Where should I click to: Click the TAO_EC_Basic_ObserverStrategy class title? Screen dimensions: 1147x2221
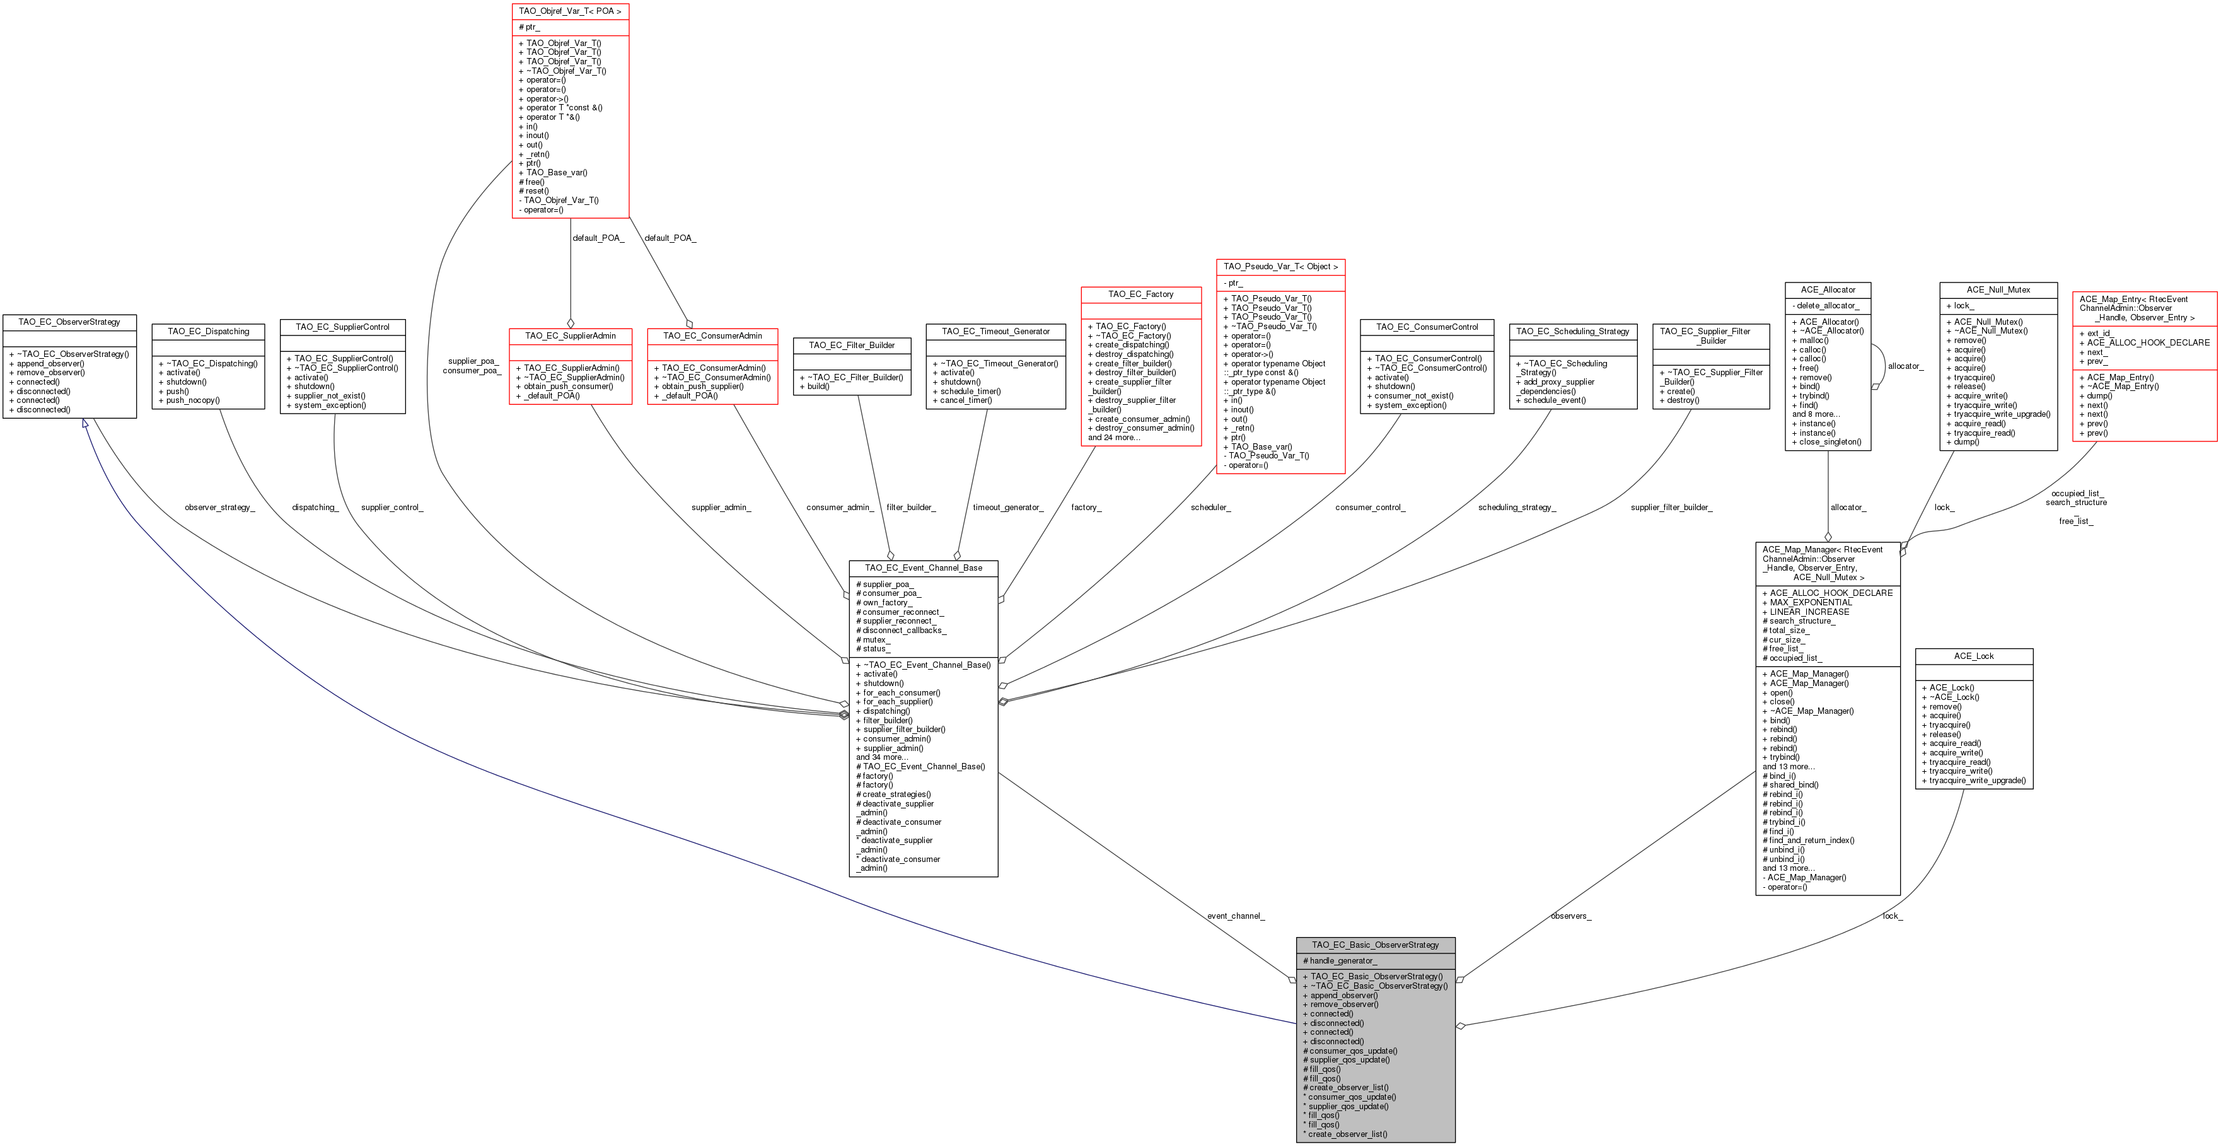coord(1375,945)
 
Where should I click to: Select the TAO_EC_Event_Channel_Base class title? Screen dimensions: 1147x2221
coord(924,568)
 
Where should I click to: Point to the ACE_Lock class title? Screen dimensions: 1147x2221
coord(1973,656)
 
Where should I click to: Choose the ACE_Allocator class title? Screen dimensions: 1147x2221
coord(1828,290)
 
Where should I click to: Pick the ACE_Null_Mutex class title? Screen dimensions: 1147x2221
coord(1998,290)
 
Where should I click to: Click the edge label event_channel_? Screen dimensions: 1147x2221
coord(1236,916)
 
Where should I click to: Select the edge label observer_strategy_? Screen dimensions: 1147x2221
coord(219,508)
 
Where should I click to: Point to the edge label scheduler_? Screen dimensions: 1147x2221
coord(1210,508)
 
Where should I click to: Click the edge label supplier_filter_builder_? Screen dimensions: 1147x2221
coord(1671,508)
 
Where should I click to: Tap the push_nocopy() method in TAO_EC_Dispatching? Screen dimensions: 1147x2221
coord(192,401)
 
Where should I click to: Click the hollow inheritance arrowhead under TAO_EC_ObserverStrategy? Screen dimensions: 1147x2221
coord(84,424)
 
